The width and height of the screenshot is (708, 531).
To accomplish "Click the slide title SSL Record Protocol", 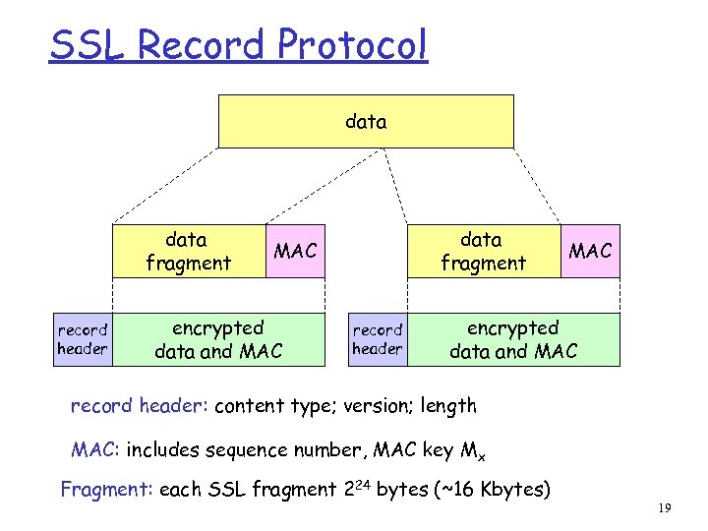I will coord(238,45).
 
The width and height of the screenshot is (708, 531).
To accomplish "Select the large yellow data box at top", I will coord(366,121).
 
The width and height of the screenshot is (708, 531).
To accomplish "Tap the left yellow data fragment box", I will coord(188,251).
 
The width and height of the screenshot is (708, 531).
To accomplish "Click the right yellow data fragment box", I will coord(482,251).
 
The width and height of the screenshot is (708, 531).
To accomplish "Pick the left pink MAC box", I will coord(295,251).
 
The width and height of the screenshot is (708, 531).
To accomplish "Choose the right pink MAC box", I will coord(590,251).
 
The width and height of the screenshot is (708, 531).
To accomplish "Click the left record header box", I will coord(82,339).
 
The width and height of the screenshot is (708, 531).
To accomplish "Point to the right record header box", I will coord(378,339).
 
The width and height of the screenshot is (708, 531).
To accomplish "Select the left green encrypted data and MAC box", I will coord(218,339).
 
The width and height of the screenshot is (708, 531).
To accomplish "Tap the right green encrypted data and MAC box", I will coord(513,339).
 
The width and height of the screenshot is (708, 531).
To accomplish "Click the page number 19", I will coord(665,508).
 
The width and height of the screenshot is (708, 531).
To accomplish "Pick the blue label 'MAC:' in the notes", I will coord(95,450).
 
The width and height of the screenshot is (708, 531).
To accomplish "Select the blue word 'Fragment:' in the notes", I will coord(102,490).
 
